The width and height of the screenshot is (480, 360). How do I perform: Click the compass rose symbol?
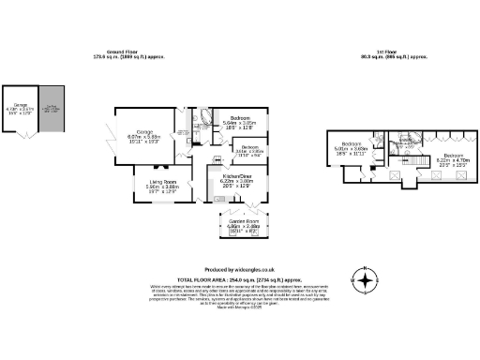(x=363, y=279)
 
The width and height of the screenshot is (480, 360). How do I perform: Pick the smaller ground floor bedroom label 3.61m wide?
(x=248, y=150)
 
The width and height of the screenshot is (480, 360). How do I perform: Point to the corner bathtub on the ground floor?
(x=204, y=119)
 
